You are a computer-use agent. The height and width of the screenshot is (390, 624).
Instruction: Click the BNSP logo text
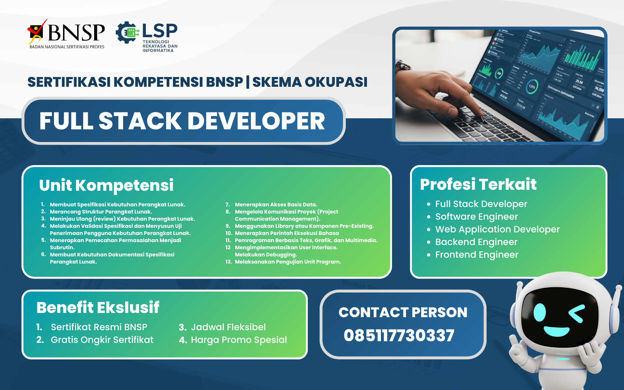click(76, 32)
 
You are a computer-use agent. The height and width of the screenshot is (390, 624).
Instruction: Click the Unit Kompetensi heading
click(106, 185)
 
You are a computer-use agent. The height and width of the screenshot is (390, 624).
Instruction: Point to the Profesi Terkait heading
click(478, 184)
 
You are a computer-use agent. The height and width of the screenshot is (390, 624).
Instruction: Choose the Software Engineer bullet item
click(476, 216)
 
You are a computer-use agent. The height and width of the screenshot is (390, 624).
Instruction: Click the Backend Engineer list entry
click(476, 242)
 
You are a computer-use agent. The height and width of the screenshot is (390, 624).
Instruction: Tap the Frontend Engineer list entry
click(476, 254)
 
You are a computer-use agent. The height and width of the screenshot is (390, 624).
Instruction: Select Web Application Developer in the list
click(497, 229)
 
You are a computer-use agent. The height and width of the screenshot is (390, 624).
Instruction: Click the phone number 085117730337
click(399, 335)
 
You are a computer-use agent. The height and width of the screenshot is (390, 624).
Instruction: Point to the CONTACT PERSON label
click(403, 312)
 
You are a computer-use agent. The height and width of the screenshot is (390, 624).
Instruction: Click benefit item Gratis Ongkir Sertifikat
click(102, 340)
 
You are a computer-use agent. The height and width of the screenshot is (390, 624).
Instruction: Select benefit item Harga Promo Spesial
click(239, 340)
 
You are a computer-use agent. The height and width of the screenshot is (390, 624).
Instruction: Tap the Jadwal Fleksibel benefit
click(228, 327)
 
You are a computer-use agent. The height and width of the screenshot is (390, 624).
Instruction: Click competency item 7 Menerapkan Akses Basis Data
click(276, 204)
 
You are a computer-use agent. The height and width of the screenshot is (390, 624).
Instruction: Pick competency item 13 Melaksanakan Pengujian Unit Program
click(288, 262)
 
